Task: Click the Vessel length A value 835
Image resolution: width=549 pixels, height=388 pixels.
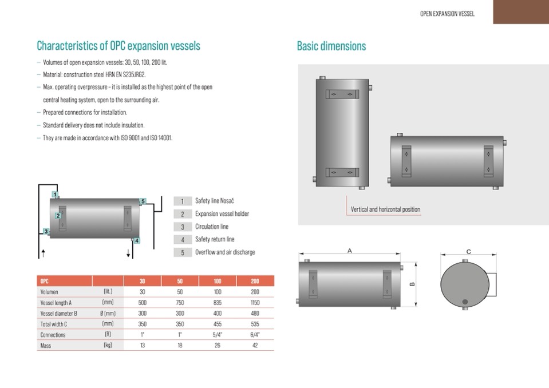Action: [x=218, y=303]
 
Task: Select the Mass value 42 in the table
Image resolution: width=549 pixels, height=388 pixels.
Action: [x=255, y=345]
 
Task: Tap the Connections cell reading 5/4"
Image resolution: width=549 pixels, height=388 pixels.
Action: [x=218, y=334]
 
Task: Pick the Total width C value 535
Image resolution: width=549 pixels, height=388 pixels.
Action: [x=255, y=324]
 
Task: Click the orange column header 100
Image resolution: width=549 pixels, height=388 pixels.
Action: [x=218, y=281]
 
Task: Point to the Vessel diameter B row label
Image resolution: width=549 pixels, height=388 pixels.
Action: [x=58, y=314]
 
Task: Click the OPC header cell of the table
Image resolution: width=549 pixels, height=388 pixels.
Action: [x=45, y=281]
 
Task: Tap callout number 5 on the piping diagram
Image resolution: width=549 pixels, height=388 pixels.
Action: [x=143, y=201]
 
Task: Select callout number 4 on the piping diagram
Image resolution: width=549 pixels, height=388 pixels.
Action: [x=137, y=240]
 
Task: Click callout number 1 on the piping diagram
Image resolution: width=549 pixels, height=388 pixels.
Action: [x=54, y=195]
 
